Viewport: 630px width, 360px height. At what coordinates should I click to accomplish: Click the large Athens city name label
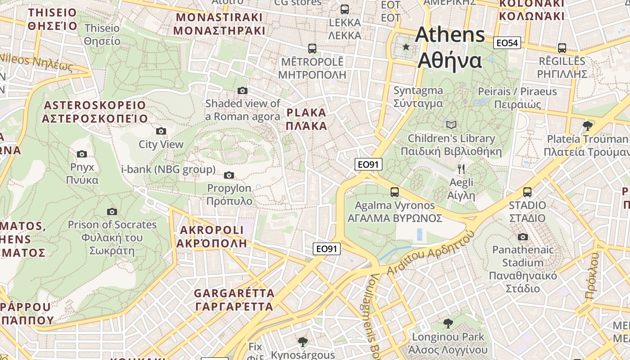pyautogui.click(x=450, y=48)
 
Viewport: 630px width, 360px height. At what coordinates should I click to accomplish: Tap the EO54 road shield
pyautogui.click(x=507, y=43)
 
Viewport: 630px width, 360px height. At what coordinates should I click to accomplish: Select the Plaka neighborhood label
pyautogui.click(x=306, y=119)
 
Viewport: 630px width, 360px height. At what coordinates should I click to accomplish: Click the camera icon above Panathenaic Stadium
pyautogui.click(x=522, y=237)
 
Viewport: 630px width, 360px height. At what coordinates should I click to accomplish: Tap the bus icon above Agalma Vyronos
pyautogui.click(x=395, y=192)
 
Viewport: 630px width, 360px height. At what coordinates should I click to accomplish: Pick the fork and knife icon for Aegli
pyautogui.click(x=461, y=169)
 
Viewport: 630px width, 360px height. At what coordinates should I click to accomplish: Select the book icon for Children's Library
pyautogui.click(x=451, y=125)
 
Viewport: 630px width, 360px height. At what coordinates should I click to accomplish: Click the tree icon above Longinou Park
pyautogui.click(x=448, y=323)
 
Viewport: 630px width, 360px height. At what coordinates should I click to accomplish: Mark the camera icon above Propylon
pyautogui.click(x=229, y=175)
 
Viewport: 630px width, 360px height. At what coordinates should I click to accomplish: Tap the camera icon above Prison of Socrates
pyautogui.click(x=112, y=211)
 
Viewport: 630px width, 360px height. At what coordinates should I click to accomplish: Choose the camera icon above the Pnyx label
pyautogui.click(x=81, y=154)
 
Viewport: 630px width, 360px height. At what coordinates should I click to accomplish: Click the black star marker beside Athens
pyautogui.click(x=406, y=47)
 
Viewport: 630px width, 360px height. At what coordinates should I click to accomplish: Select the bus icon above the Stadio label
pyautogui.click(x=527, y=192)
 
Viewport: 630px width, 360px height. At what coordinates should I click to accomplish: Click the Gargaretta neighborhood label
pyautogui.click(x=234, y=300)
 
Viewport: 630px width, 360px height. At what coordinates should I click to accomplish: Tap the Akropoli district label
pyautogui.click(x=211, y=237)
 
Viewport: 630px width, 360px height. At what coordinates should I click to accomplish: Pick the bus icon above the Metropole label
pyautogui.click(x=312, y=48)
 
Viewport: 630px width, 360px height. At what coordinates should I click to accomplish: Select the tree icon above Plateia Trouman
pyautogui.click(x=587, y=126)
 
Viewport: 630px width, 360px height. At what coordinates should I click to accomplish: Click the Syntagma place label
pyautogui.click(x=418, y=97)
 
